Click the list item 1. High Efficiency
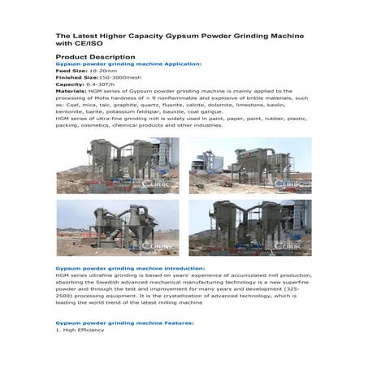[80, 330]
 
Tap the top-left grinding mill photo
[118, 165]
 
